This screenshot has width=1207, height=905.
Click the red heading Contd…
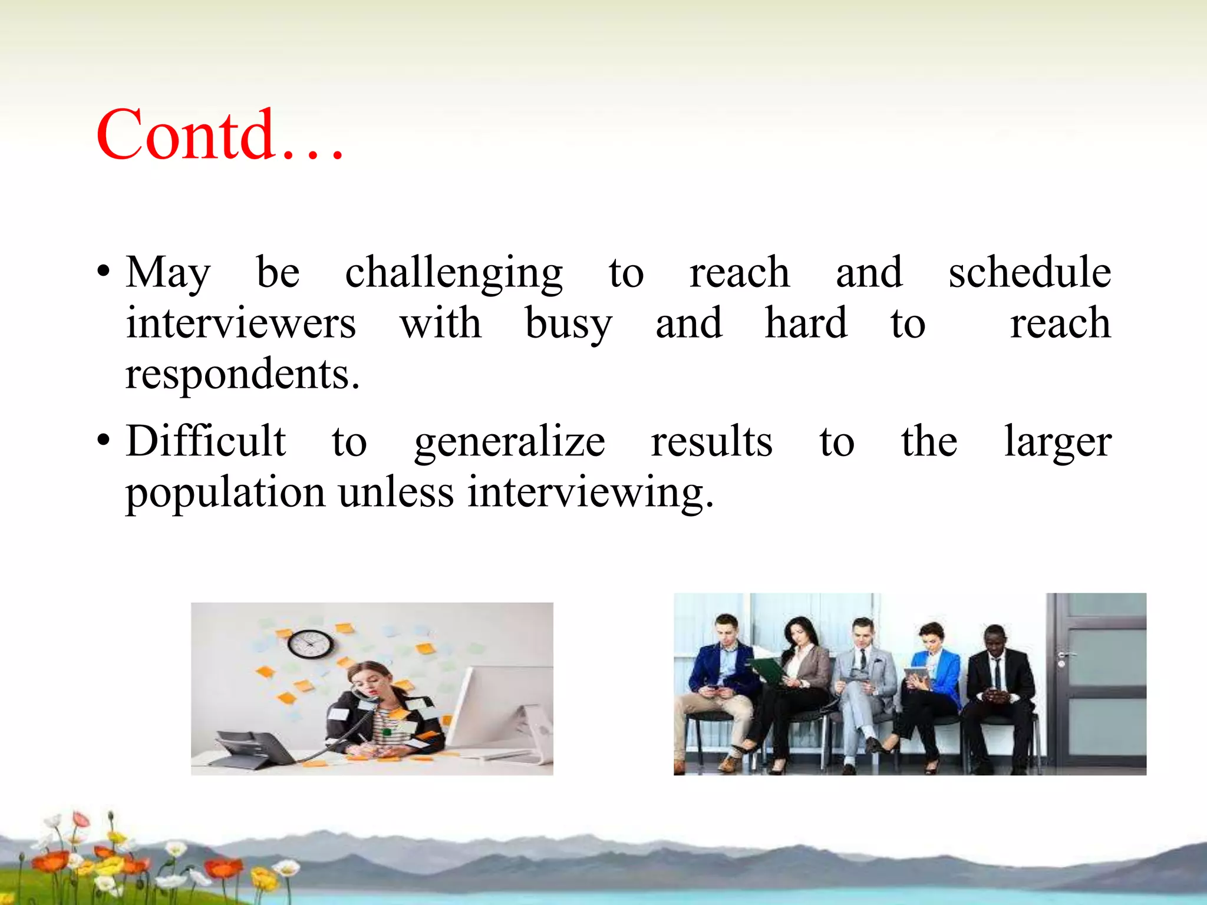[219, 136]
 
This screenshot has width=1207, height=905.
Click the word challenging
[454, 273]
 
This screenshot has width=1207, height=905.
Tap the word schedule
[1029, 273]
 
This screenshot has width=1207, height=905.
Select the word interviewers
[240, 323]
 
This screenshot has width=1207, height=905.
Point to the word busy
[568, 325]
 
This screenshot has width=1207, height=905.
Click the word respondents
[242, 375]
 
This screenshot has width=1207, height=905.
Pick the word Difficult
[206, 441]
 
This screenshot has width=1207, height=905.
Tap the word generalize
[509, 442]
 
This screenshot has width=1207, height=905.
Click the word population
[225, 493]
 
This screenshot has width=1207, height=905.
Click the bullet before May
[104, 273]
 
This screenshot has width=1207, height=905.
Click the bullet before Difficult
[104, 441]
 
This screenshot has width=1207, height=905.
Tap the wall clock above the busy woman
[310, 644]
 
